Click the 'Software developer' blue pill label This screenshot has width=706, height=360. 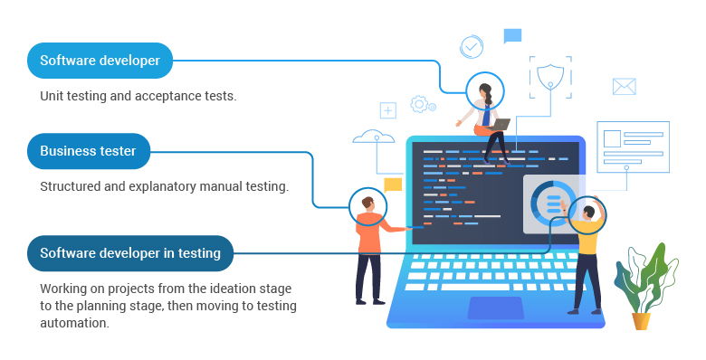coord(100,61)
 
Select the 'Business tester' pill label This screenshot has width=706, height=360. coord(88,151)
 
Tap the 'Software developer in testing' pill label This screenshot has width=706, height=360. coord(129,253)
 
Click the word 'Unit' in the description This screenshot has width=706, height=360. coord(52,96)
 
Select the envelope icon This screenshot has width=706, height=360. coord(624,86)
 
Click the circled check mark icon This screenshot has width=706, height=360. coord(472,46)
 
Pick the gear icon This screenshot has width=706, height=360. coord(418,104)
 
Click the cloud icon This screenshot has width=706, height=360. coord(373,137)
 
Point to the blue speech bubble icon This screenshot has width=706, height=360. coord(512,36)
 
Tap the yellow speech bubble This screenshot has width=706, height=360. coord(392,185)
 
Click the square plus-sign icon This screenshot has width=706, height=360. coord(388,110)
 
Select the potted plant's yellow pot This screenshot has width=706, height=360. coord(641,320)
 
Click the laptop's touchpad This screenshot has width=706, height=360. coord(495,307)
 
